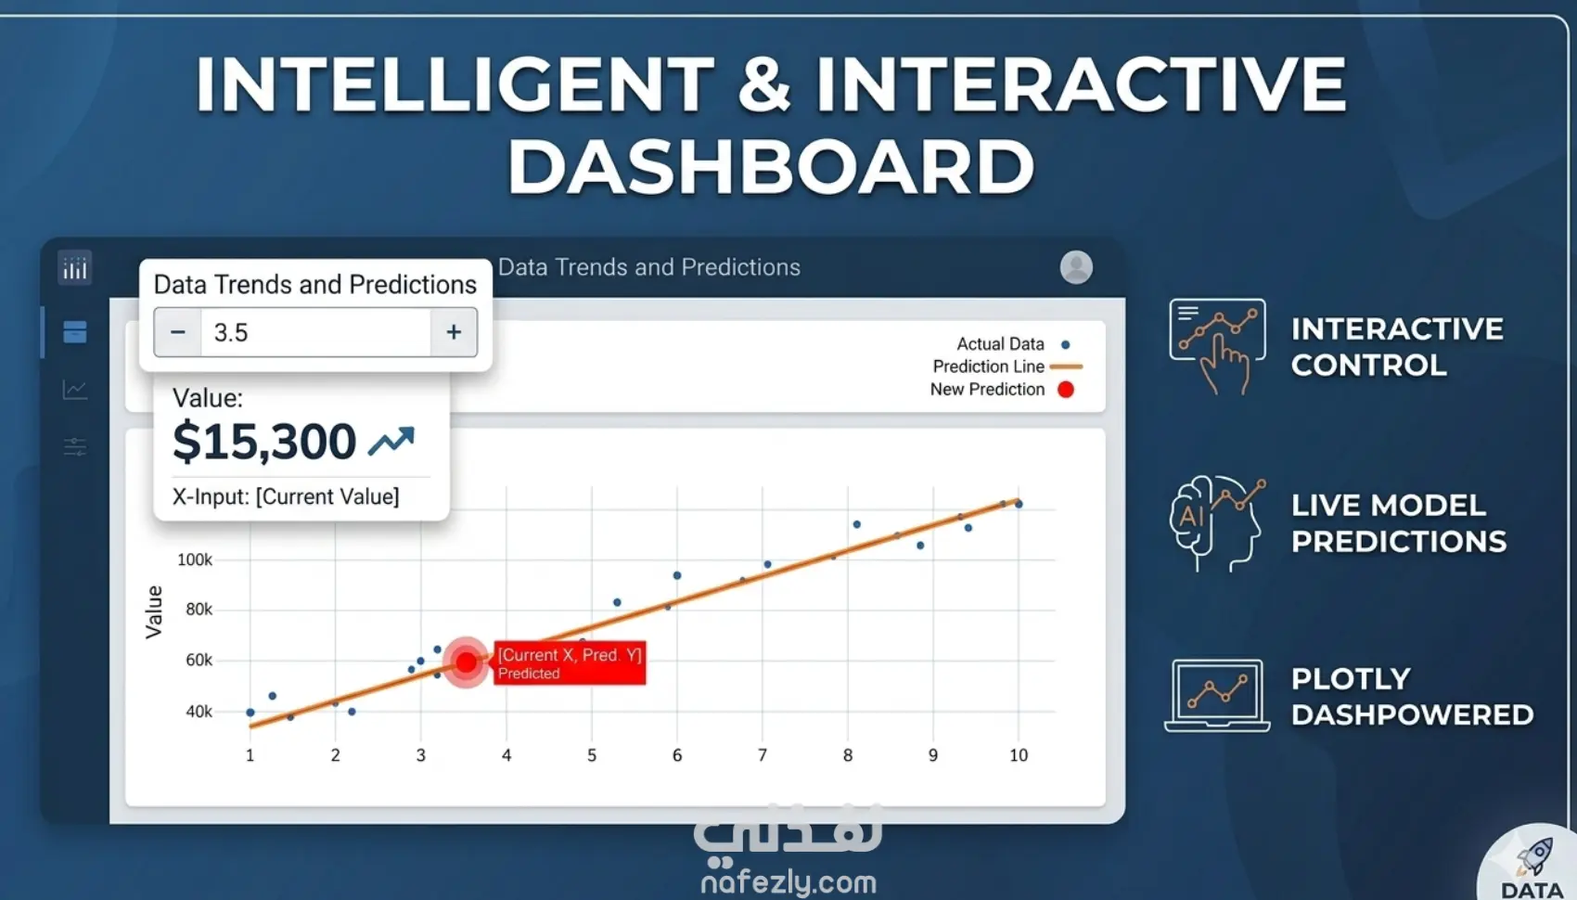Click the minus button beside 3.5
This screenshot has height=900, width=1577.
pyautogui.click(x=178, y=331)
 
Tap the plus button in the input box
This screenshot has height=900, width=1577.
pyautogui.click(x=454, y=331)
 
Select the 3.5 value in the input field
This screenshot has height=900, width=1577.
pyautogui.click(x=231, y=332)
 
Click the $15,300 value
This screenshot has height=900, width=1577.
pyautogui.click(x=264, y=442)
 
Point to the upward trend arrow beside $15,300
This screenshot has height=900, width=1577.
pyautogui.click(x=391, y=441)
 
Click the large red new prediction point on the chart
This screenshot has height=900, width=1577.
pyautogui.click(x=466, y=662)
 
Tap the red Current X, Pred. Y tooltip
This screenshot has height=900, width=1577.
pyautogui.click(x=570, y=662)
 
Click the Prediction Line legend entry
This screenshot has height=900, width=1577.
pyautogui.click(x=1007, y=366)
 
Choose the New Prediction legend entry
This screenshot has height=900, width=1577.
pyautogui.click(x=1002, y=390)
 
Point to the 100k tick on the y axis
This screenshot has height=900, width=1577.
pyautogui.click(x=195, y=559)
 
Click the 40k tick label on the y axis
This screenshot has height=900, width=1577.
pyautogui.click(x=199, y=712)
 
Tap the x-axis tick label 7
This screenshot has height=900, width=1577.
pyautogui.click(x=763, y=755)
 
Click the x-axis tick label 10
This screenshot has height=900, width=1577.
pyautogui.click(x=1018, y=755)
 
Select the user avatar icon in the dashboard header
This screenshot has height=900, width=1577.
pyautogui.click(x=1076, y=267)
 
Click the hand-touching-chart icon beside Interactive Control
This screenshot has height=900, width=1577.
pyautogui.click(x=1217, y=346)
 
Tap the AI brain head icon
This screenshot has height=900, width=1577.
pyautogui.click(x=1216, y=523)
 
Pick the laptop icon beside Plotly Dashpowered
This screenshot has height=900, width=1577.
pyautogui.click(x=1217, y=696)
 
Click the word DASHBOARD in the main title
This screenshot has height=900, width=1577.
pyautogui.click(x=771, y=166)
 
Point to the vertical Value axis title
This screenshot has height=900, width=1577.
pyautogui.click(x=153, y=612)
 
